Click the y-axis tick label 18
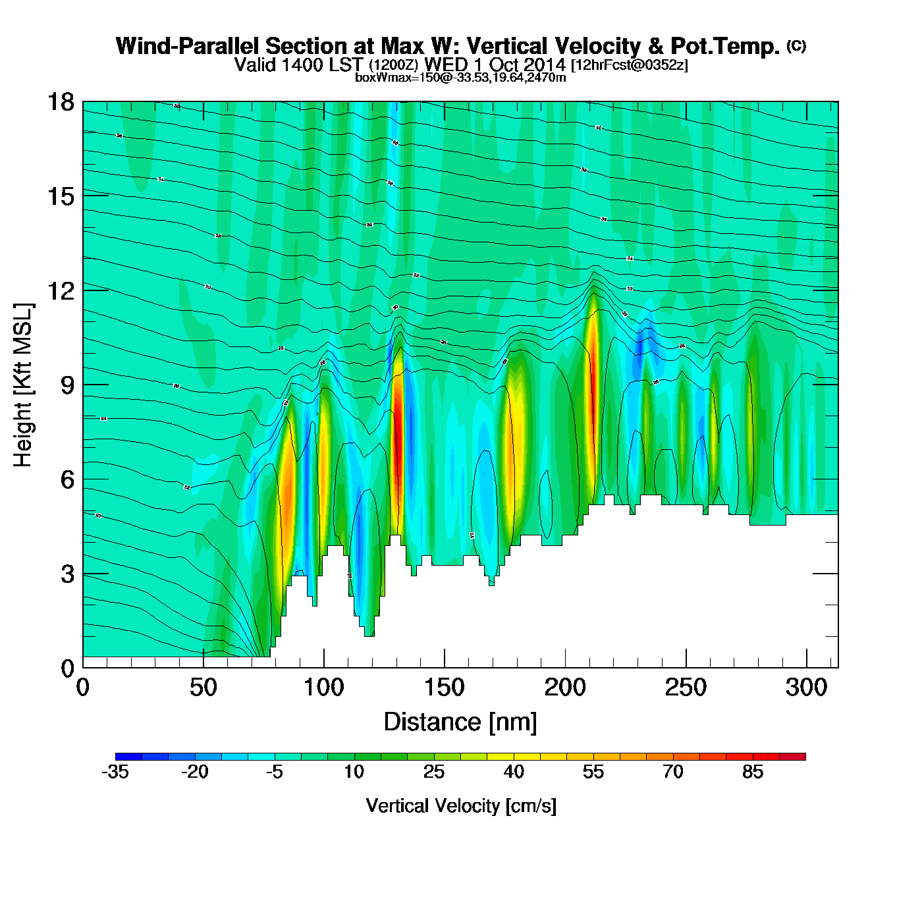click(60, 102)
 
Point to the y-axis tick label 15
click(60, 196)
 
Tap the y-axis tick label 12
click(60, 290)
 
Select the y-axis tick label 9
click(67, 385)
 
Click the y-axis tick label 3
click(67, 574)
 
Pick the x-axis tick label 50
click(203, 688)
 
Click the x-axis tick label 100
click(323, 688)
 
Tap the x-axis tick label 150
click(444, 688)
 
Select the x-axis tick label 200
click(564, 688)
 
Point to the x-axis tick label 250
click(686, 688)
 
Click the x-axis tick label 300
click(806, 688)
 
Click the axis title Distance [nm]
click(460, 722)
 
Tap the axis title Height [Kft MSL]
click(23, 385)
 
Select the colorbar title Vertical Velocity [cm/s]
click(461, 805)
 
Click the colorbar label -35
click(115, 772)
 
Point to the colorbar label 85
click(753, 772)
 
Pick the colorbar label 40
click(514, 772)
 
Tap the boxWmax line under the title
click(460, 77)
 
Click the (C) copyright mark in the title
click(796, 45)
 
